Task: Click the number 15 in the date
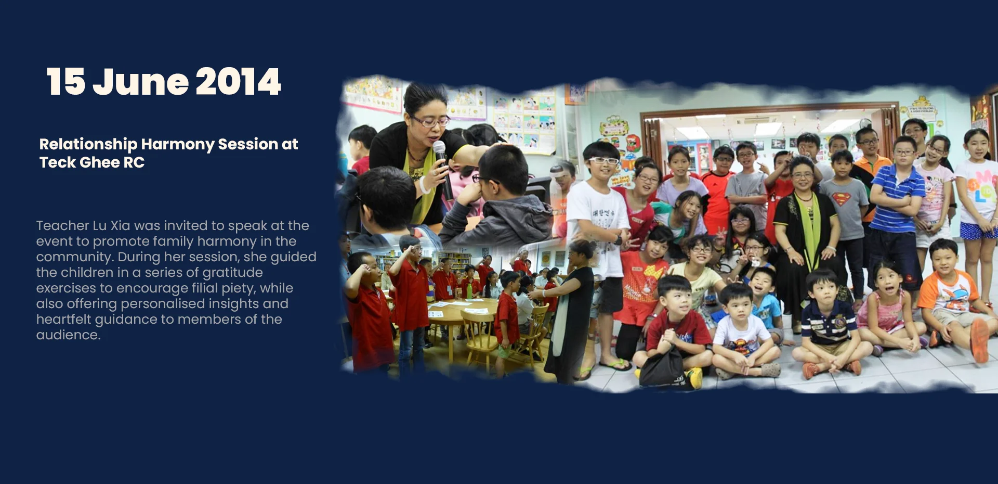click(x=66, y=82)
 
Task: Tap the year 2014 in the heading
click(x=238, y=82)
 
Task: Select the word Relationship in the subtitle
click(x=88, y=145)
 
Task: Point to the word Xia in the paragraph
click(x=121, y=225)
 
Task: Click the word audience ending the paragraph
click(x=68, y=335)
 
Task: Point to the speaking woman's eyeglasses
click(x=430, y=122)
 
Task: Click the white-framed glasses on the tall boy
click(x=603, y=161)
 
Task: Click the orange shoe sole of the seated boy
click(x=979, y=340)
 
